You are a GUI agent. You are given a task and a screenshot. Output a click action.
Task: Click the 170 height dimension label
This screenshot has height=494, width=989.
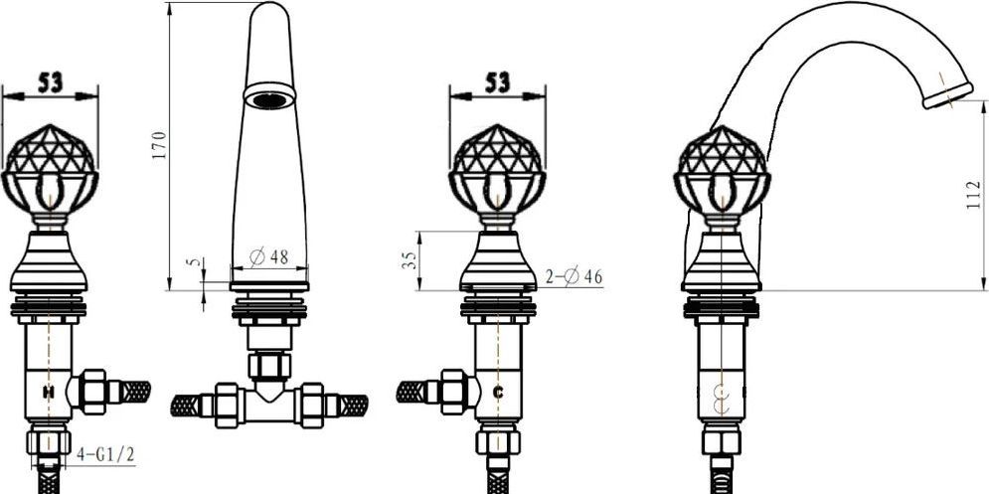[x=159, y=144]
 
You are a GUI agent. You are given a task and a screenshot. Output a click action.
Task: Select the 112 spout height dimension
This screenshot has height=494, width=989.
[x=974, y=195]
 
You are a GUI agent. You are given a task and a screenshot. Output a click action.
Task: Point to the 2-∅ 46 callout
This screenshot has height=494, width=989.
[x=574, y=276]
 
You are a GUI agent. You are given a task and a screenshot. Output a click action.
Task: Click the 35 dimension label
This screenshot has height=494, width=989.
[x=410, y=260]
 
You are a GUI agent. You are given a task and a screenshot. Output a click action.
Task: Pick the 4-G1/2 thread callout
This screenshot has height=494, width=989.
[x=105, y=454]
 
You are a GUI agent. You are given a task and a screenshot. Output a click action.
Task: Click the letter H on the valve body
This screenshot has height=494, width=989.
[x=48, y=393]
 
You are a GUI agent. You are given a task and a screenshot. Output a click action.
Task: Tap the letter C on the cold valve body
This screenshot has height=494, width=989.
[x=498, y=393]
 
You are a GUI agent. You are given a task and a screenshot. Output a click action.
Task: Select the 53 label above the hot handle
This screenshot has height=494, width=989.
[x=50, y=82]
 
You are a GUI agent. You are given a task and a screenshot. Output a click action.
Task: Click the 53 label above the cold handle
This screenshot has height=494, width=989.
[x=498, y=82]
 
